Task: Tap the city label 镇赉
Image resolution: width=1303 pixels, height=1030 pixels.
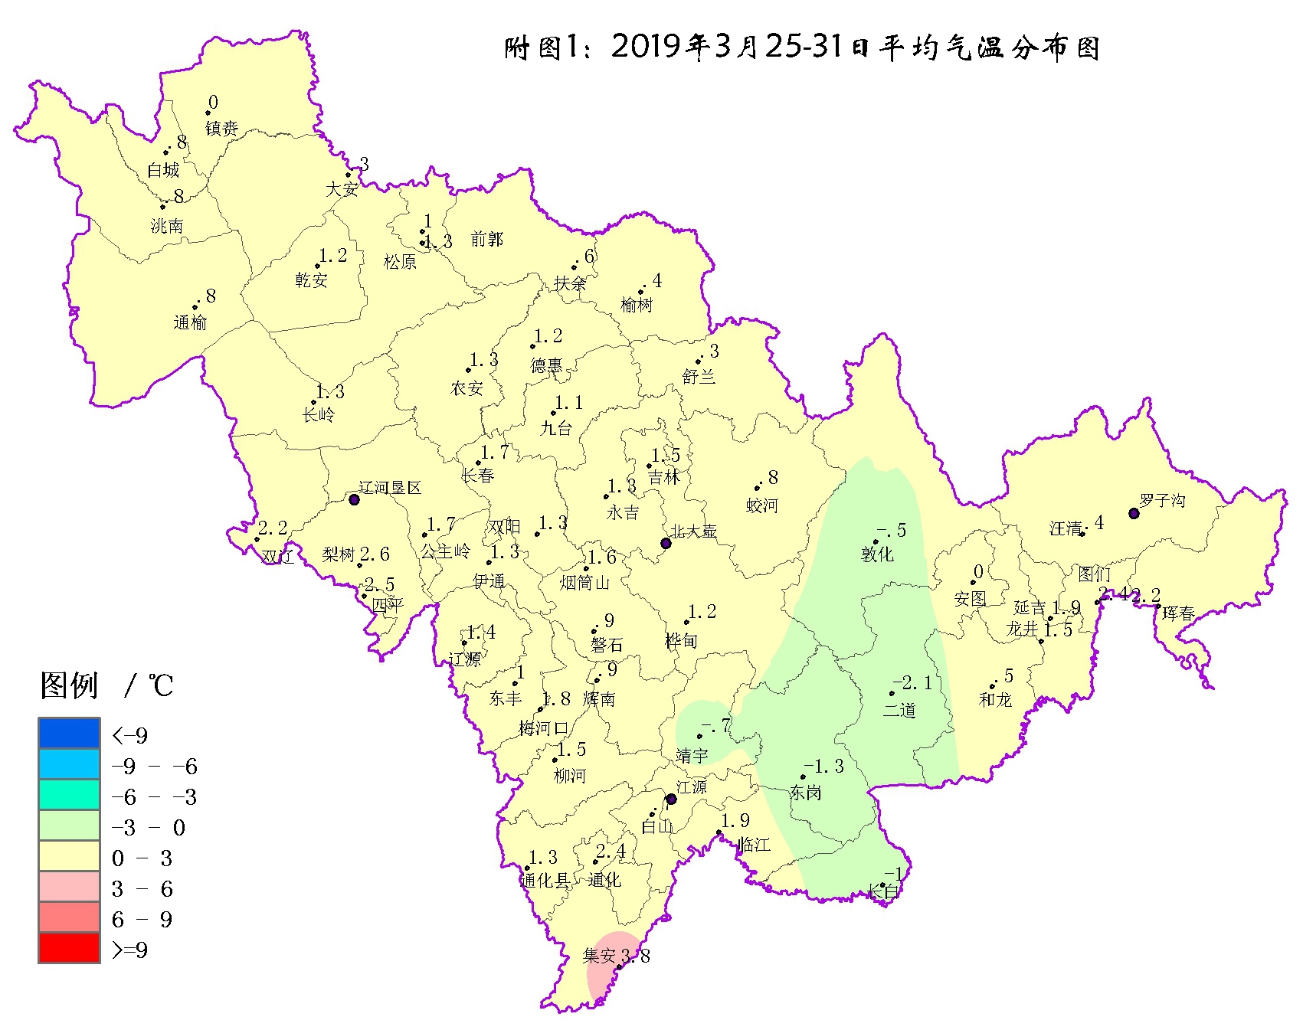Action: click(221, 128)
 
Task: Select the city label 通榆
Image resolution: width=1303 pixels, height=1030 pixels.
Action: click(190, 322)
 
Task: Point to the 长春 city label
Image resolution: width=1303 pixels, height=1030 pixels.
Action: click(477, 475)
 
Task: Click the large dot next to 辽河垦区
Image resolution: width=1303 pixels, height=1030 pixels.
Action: click(354, 499)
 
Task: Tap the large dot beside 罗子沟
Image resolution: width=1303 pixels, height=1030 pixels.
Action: click(1134, 513)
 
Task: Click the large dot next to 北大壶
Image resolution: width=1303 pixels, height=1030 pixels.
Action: click(666, 543)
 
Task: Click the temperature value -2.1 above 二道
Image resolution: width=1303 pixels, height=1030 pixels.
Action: click(912, 683)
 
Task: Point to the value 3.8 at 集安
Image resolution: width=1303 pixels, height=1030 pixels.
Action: click(635, 956)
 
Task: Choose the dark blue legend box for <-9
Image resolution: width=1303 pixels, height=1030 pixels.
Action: click(69, 734)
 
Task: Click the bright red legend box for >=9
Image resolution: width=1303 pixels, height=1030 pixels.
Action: click(69, 948)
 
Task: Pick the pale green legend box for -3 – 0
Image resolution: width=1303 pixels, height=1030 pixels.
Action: click(69, 826)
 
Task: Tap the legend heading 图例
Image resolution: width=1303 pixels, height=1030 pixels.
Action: click(69, 685)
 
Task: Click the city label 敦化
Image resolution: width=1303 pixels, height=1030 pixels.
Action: click(877, 554)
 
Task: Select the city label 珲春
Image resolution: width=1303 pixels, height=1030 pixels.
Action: click(1178, 613)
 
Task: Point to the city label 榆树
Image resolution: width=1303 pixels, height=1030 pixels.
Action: click(636, 305)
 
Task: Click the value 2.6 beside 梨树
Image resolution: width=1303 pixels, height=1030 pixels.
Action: click(375, 554)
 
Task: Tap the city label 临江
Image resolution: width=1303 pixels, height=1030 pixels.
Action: click(754, 845)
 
